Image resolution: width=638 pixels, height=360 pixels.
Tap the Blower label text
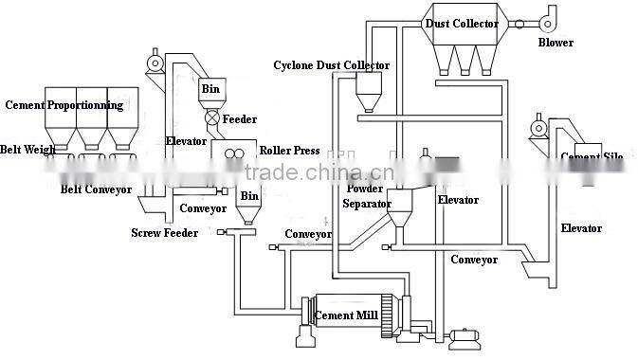[556, 43]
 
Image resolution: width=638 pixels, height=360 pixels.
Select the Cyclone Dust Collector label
[331, 65]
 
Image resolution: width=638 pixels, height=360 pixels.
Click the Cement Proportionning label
[64, 104]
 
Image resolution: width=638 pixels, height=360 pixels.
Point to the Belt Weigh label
[27, 150]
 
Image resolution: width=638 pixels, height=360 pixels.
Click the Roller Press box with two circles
[235, 153]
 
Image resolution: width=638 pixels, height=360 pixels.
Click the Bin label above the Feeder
[210, 90]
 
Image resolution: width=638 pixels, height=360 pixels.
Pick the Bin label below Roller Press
[248, 195]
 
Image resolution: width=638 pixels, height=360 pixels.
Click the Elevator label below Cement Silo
[581, 228]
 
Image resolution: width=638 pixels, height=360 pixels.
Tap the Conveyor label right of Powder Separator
[473, 260]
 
